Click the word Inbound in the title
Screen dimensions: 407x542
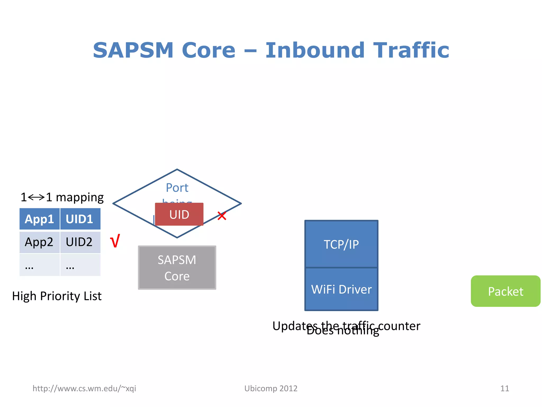coord(315,50)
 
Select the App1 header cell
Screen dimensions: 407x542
coord(39,219)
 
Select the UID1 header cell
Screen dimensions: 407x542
coord(80,219)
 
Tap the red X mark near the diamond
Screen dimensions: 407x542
coord(222,216)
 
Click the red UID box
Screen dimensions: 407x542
coord(179,214)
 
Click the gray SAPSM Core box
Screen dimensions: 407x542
coord(177,268)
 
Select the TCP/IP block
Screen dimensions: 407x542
coord(341,244)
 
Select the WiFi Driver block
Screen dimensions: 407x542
coord(341,289)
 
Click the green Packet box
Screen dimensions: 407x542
coord(505,291)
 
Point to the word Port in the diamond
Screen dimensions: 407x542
coord(177,188)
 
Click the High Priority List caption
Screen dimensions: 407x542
coord(57,296)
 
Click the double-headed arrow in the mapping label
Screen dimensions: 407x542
coord(36,197)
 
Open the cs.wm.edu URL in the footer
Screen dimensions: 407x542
coord(84,388)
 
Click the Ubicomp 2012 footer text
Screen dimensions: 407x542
coord(271,388)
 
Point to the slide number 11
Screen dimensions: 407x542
coord(504,388)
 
